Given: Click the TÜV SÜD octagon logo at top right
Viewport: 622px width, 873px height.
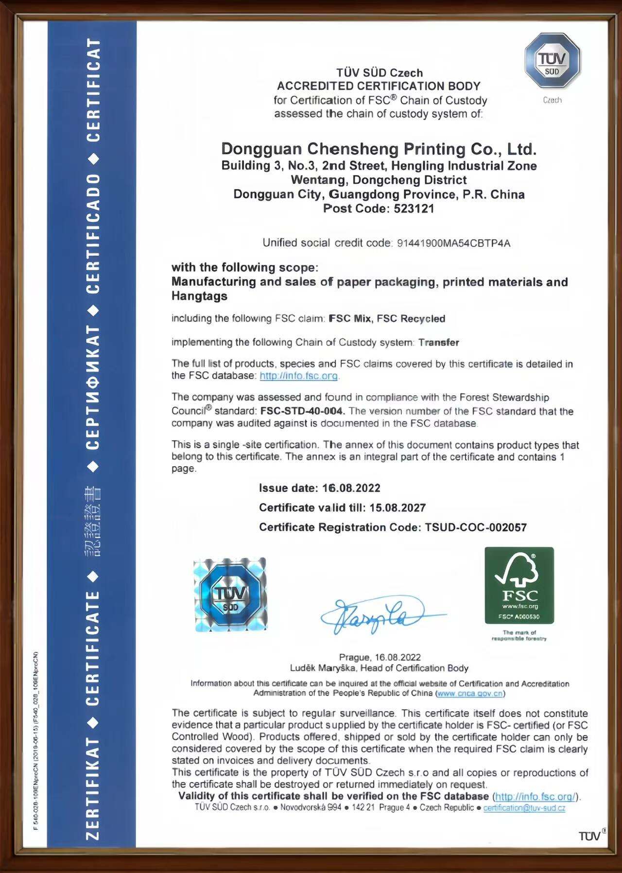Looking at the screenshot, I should pos(552,61).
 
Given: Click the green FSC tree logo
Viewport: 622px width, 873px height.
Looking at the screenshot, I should pos(519,585).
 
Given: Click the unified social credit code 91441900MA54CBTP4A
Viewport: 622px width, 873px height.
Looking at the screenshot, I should pos(453,243).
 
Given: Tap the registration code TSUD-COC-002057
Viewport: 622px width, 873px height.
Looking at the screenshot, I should pos(476,527).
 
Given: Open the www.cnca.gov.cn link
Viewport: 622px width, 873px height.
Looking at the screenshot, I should pos(470,693).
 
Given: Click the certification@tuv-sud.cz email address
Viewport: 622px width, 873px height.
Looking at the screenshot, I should pos(524,808).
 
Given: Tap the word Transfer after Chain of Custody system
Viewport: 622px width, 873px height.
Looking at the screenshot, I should pos(439,342).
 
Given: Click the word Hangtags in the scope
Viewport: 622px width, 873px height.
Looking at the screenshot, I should pos(199,296).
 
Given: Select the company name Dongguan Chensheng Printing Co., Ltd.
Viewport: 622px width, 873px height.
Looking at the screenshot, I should pos(379,148).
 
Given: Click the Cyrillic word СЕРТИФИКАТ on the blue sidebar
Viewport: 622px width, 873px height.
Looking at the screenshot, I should pos(93,386).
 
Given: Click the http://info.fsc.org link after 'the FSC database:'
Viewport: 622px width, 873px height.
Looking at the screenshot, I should pos(298,376).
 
